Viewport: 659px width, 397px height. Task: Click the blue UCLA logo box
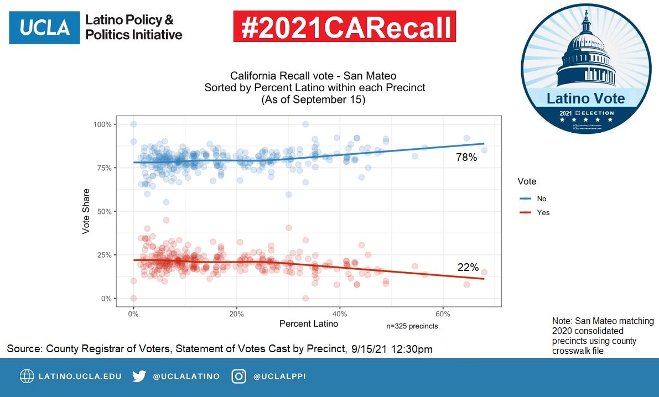[x=42, y=27]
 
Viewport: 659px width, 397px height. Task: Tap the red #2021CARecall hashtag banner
[x=344, y=27]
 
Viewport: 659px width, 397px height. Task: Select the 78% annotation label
[x=466, y=158]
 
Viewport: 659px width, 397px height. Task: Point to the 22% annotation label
[x=468, y=268]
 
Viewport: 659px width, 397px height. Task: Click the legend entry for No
[x=533, y=198]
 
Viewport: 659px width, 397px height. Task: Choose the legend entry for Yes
[x=535, y=212]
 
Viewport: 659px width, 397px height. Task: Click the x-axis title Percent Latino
[x=309, y=323]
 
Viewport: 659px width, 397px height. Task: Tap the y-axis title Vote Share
[x=86, y=211]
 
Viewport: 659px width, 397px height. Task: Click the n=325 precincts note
[x=413, y=326]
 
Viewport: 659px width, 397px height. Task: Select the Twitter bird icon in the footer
[x=139, y=377]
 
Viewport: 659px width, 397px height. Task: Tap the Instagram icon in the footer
[x=239, y=377]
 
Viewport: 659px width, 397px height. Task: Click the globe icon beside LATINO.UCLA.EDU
[x=27, y=377]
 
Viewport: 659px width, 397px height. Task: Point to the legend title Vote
[x=527, y=181]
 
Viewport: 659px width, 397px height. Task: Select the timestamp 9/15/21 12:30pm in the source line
[x=392, y=349]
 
